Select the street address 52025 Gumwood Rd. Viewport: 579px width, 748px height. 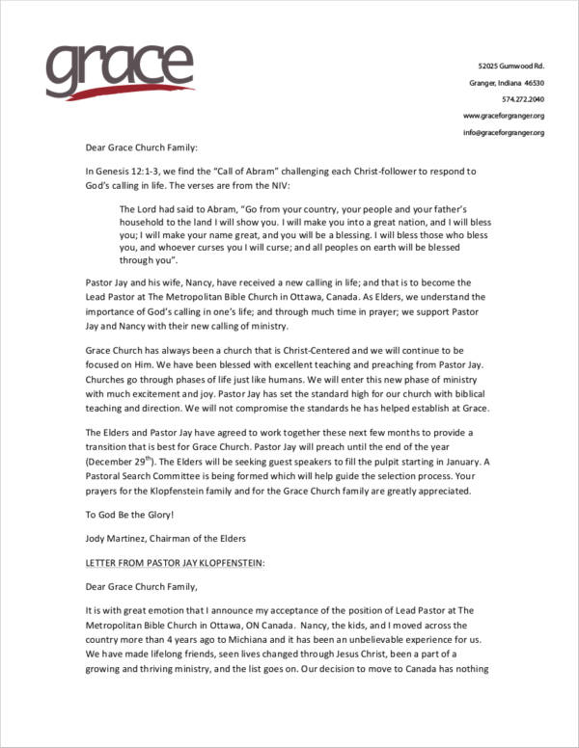(x=511, y=66)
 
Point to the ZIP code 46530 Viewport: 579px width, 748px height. (x=534, y=82)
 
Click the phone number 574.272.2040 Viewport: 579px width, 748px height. (x=523, y=99)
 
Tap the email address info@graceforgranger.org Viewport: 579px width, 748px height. (x=504, y=132)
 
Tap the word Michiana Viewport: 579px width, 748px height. (x=249, y=638)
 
